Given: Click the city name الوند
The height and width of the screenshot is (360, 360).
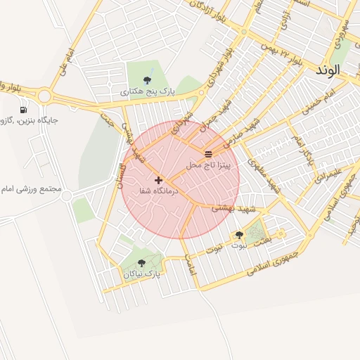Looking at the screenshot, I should pos(328,70).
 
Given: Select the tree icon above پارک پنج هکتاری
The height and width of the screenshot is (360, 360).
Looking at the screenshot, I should pos(146,80).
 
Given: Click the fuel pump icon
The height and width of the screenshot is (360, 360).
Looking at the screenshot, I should pos(24,110).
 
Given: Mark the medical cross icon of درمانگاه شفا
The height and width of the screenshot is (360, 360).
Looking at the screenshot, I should pos(158,180).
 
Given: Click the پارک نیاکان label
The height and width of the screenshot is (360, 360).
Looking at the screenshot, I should pos(141,274).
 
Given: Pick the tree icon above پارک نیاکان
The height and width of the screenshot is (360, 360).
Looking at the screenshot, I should pos(141,264).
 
